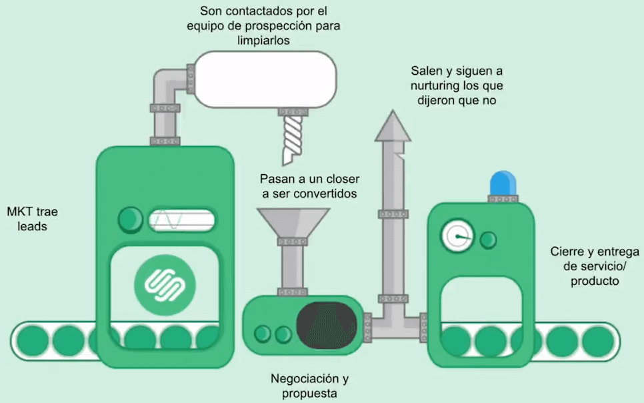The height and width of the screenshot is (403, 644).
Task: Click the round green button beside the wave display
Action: (131, 218)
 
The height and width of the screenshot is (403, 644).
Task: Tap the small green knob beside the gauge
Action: (488, 239)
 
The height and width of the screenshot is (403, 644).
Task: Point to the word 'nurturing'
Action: (439, 86)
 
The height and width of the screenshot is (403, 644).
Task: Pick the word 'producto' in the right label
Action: (595, 281)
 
